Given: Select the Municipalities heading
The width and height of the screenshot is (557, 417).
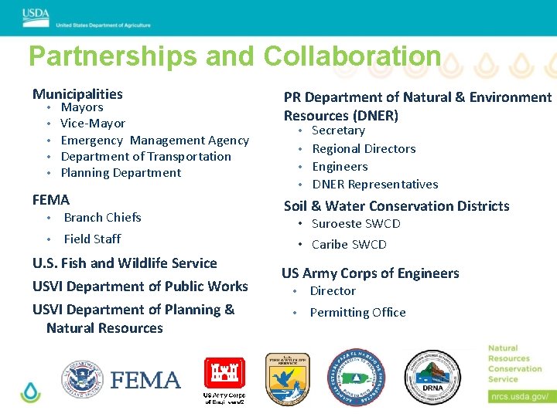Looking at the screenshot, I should (77, 94).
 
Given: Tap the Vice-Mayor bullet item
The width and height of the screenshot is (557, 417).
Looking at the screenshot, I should (93, 124).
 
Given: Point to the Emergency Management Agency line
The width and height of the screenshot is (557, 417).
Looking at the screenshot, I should (155, 141).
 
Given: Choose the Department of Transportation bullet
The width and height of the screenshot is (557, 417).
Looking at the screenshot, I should (145, 157).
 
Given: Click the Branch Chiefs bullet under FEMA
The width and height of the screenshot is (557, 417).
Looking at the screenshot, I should (102, 218).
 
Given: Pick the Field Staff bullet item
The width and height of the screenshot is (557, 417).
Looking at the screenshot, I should (92, 239).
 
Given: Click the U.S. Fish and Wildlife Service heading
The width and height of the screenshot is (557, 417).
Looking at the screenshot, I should (125, 263).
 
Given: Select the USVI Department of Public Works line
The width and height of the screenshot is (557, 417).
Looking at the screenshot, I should (140, 286).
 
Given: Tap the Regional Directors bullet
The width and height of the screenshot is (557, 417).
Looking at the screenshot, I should (364, 149).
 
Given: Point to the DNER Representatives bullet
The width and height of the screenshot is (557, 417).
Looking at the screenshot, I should (375, 185).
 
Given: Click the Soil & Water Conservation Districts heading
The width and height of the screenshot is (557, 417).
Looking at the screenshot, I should (396, 206).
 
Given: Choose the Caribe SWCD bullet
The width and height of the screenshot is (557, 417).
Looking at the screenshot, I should (349, 245).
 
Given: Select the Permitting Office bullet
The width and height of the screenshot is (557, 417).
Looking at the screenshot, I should (357, 313).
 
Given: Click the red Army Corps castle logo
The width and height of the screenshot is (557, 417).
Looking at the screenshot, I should (224, 375).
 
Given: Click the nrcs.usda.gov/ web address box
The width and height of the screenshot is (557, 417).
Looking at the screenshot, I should (519, 397).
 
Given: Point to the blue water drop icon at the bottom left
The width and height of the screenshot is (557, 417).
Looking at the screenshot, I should (31, 392).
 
